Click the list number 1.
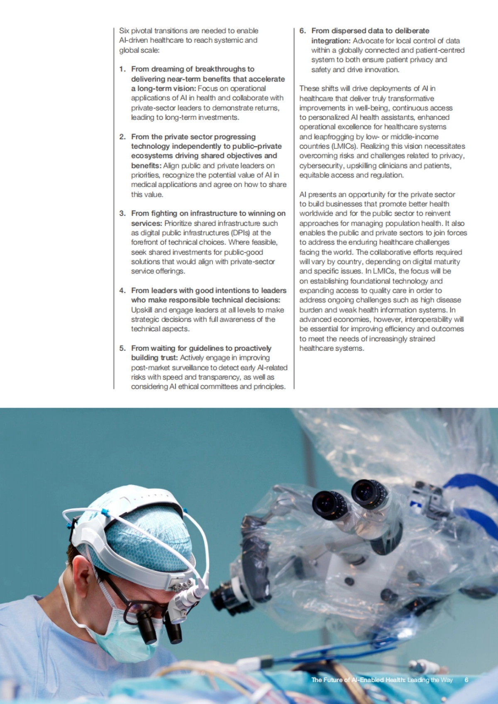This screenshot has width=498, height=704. coord(122,69)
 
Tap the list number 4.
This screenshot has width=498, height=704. coord(122,291)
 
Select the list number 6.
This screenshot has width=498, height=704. coord(303,31)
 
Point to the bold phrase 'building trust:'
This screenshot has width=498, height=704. coord(154,358)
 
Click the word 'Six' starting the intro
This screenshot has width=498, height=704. coord(124,31)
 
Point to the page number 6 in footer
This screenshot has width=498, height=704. coord(466,680)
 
